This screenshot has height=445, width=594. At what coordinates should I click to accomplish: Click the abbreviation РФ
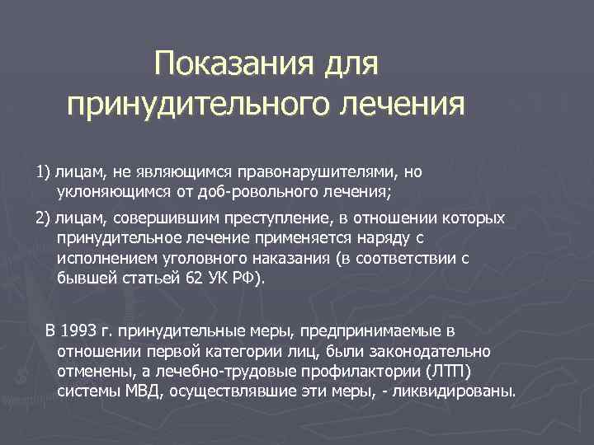click(245, 279)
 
